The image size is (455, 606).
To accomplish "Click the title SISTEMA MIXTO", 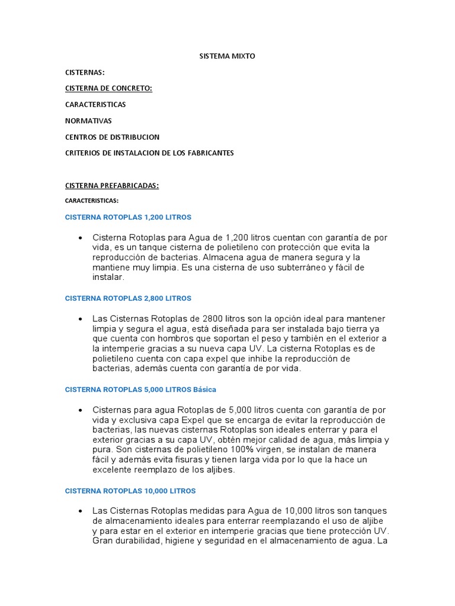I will point(227,56).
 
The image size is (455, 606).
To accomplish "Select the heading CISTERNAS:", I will point(85,72).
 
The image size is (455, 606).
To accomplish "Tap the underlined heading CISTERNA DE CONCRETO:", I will point(108,88).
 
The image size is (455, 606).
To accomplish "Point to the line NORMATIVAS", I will point(88,121).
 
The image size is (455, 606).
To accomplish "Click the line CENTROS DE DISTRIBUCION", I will point(112,137).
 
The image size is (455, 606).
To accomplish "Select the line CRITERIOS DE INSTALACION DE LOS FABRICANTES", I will point(149,153).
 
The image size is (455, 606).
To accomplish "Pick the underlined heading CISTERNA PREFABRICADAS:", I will point(112,185).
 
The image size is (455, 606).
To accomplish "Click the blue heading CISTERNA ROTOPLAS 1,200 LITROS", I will point(128,217).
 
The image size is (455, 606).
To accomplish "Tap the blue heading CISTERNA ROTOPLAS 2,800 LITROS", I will point(128,298).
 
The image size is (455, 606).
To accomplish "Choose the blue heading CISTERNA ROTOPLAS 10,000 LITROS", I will point(130,491).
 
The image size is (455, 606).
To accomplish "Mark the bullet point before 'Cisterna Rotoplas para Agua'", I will point(79,238).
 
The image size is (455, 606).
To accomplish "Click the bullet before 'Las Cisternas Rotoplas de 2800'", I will point(79,319).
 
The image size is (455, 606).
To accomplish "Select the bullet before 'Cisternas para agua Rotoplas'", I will point(79,410).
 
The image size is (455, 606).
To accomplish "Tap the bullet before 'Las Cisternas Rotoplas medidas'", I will point(79,511).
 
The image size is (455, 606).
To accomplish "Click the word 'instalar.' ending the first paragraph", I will point(108,277).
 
